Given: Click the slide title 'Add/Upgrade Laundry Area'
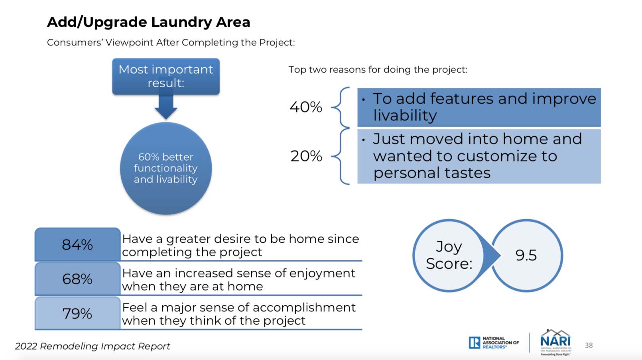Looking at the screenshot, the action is [148, 22].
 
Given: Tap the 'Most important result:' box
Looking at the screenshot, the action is [166, 77].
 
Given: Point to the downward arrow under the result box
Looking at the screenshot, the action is [166, 106].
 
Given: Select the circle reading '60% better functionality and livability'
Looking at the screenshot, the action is [166, 168].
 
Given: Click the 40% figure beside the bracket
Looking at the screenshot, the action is [306, 107].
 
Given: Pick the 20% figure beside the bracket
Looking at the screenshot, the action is [306, 156].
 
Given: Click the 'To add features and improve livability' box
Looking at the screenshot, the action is [479, 107].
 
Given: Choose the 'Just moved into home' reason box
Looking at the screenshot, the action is [479, 156].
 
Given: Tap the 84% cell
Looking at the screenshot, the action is [77, 244].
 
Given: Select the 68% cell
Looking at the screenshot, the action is [77, 279].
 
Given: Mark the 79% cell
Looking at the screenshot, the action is [77, 313].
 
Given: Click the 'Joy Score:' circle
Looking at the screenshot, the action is [449, 256].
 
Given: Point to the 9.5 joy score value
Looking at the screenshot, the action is [526, 256].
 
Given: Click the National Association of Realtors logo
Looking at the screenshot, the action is [494, 342].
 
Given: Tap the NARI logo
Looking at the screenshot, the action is [556, 342].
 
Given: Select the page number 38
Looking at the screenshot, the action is [589, 345].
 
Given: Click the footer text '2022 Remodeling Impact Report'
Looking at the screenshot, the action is [92, 346].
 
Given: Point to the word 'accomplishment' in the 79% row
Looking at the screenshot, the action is [304, 307].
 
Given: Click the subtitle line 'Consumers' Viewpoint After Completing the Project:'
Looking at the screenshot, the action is [171, 42].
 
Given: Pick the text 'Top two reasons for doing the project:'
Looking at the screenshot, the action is [378, 70].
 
